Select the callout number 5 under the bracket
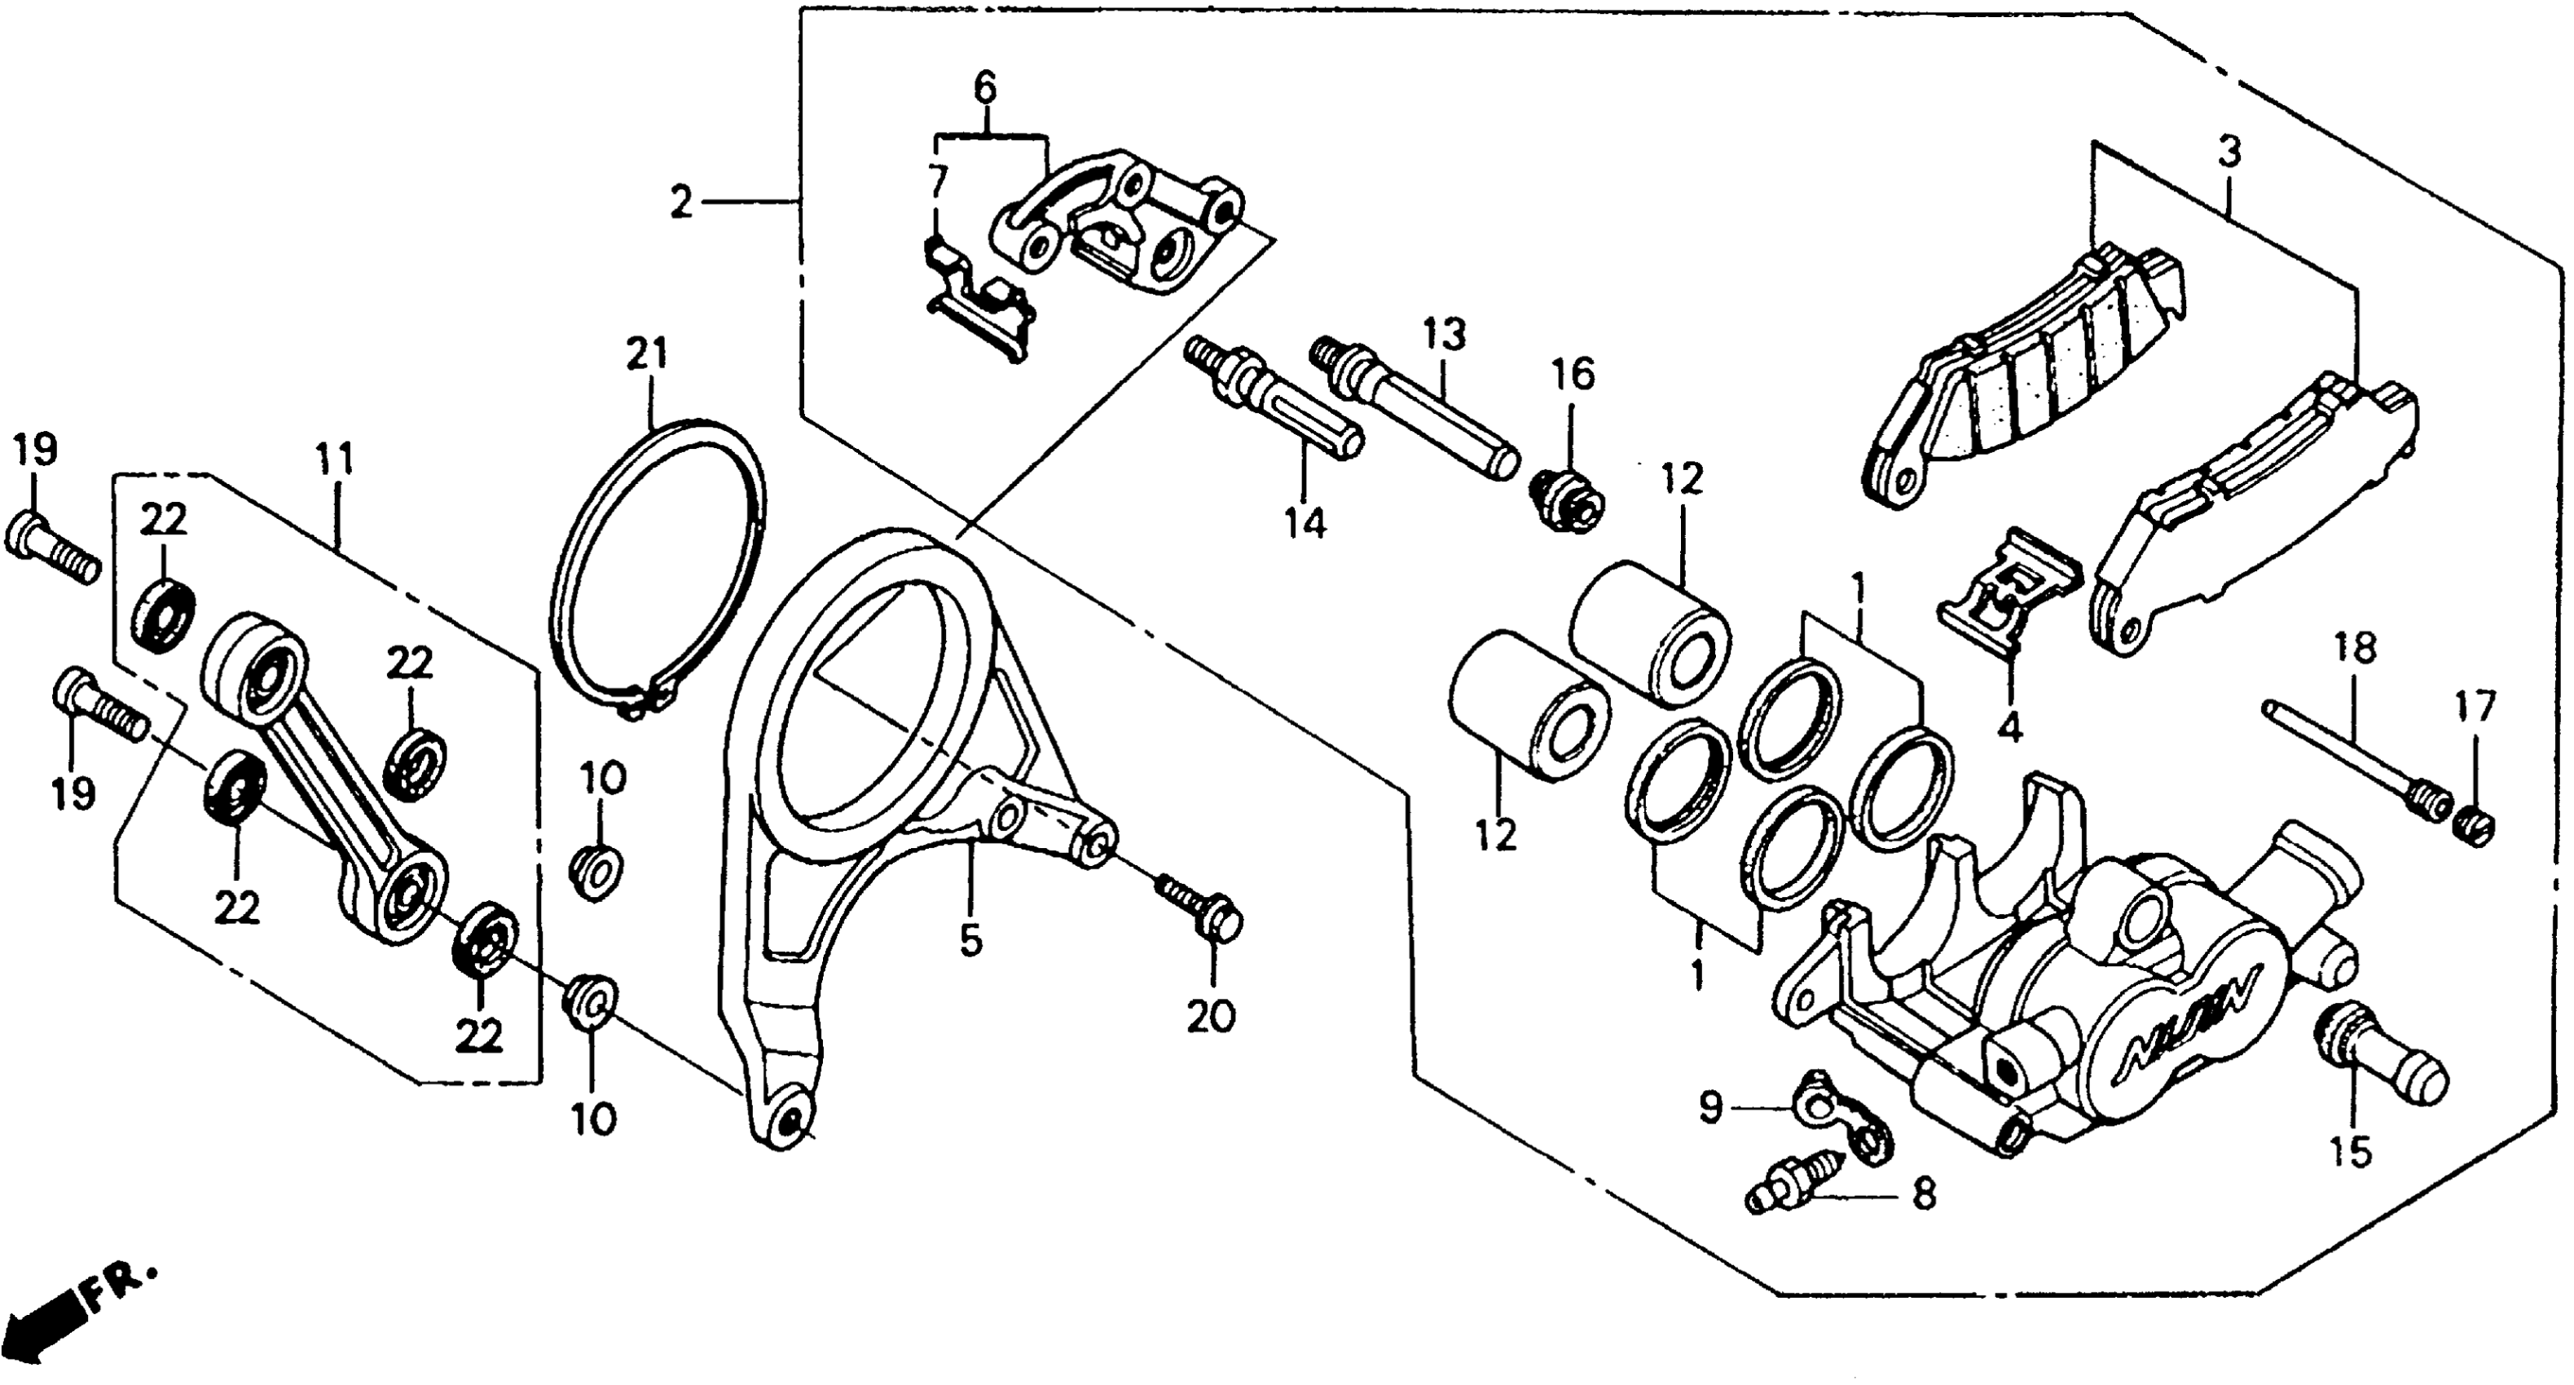[x=970, y=940]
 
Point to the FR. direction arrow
[x=70, y=1314]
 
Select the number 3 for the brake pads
[x=2229, y=152]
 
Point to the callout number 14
[x=1305, y=521]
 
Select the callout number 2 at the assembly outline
[x=680, y=204]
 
